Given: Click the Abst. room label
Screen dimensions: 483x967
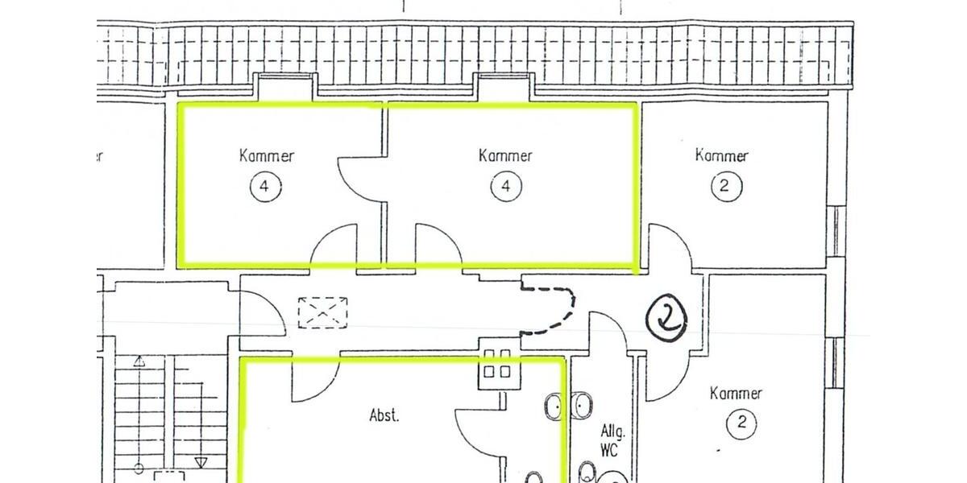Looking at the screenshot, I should (x=384, y=415).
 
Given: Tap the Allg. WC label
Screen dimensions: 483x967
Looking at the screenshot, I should (x=611, y=440).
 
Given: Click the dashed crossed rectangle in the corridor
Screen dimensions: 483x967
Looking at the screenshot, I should (x=322, y=312).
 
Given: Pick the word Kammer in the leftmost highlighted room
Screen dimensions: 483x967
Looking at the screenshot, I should (x=266, y=155).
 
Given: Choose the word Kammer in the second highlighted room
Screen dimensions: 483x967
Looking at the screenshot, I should (x=505, y=155).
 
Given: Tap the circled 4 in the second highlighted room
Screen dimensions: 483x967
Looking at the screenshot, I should (x=505, y=188).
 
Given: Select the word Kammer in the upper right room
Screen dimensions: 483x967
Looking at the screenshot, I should (x=721, y=155).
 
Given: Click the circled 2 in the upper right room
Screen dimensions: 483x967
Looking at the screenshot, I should (x=724, y=187).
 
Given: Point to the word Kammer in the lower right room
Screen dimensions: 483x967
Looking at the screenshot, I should (x=736, y=394).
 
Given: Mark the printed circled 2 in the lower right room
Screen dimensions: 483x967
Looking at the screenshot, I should (x=741, y=423).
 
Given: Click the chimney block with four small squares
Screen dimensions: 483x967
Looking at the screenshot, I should (x=496, y=365).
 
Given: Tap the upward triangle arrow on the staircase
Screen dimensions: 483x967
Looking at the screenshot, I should (x=139, y=361).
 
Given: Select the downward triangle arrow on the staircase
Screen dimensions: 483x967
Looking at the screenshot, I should (x=201, y=461).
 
